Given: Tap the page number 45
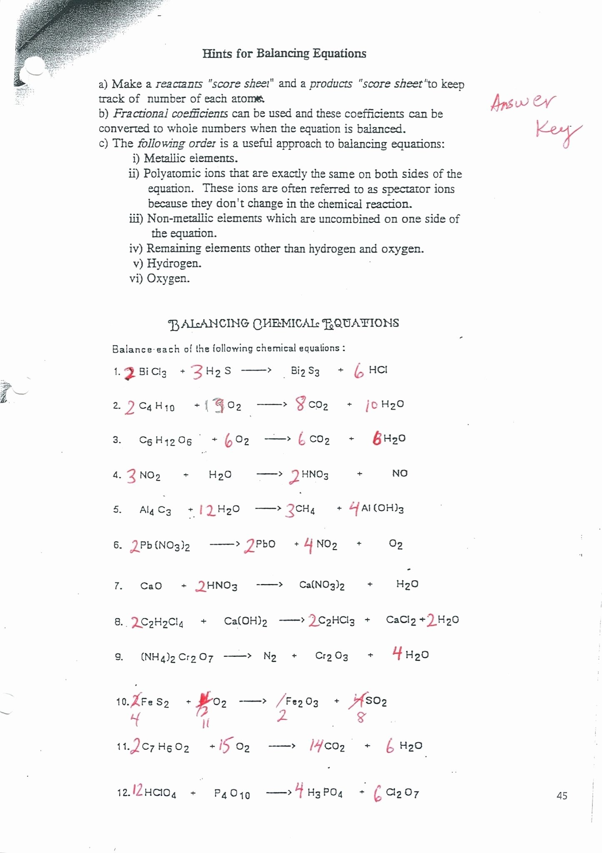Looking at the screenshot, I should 562,796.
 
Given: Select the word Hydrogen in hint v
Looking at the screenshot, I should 174,264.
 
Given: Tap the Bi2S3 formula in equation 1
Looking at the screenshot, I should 305,371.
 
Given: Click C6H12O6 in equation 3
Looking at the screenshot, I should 165,441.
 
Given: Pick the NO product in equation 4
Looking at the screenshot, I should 400,474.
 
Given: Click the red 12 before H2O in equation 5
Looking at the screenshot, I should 207,510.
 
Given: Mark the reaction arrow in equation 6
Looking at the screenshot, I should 225,544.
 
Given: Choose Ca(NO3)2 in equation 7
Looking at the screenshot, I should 322,585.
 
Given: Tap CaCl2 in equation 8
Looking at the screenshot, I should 401,620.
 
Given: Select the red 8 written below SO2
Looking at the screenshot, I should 361,717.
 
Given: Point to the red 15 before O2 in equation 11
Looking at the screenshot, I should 224,746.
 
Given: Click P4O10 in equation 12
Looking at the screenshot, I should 232,794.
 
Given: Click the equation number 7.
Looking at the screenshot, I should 118,586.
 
